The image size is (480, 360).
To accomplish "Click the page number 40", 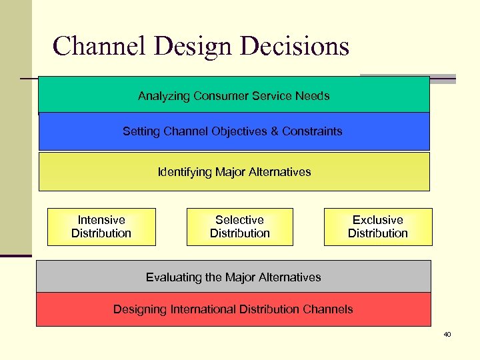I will (447, 334).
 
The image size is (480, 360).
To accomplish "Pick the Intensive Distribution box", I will (101, 227).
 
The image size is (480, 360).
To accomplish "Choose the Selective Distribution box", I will (239, 227).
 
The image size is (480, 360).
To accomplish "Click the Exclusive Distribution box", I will (378, 227).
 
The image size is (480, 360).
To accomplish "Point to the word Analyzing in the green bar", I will (164, 96).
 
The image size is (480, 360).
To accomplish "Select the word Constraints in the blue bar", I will (310, 131).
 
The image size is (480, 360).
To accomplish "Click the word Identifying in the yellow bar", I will (185, 172).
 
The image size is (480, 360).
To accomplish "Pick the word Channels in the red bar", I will (328, 309).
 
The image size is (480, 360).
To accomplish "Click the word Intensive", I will (101, 220).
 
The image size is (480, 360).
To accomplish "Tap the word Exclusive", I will (378, 220).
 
